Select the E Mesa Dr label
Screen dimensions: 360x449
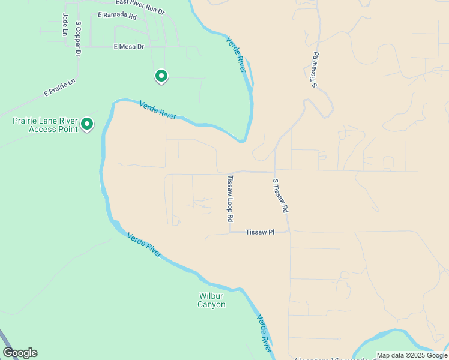coord(129,46)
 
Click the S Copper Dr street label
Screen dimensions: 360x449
coord(78,39)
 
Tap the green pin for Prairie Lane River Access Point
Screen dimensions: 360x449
coord(87,124)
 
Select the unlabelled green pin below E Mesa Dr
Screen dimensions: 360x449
coord(161,76)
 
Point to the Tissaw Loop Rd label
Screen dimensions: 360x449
coord(230,199)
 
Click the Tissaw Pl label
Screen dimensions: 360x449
coord(259,232)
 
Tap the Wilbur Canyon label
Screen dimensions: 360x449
coord(212,300)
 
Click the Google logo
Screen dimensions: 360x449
coord(20,353)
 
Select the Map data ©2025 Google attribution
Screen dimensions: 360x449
coord(412,355)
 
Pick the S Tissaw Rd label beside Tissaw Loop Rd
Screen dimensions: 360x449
coord(281,196)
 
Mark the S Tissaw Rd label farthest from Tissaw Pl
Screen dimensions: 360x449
coord(315,70)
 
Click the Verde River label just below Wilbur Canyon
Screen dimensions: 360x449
coord(264,333)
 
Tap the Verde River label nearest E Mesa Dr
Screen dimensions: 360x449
coord(236,55)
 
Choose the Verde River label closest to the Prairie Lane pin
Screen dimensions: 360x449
coord(158,110)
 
